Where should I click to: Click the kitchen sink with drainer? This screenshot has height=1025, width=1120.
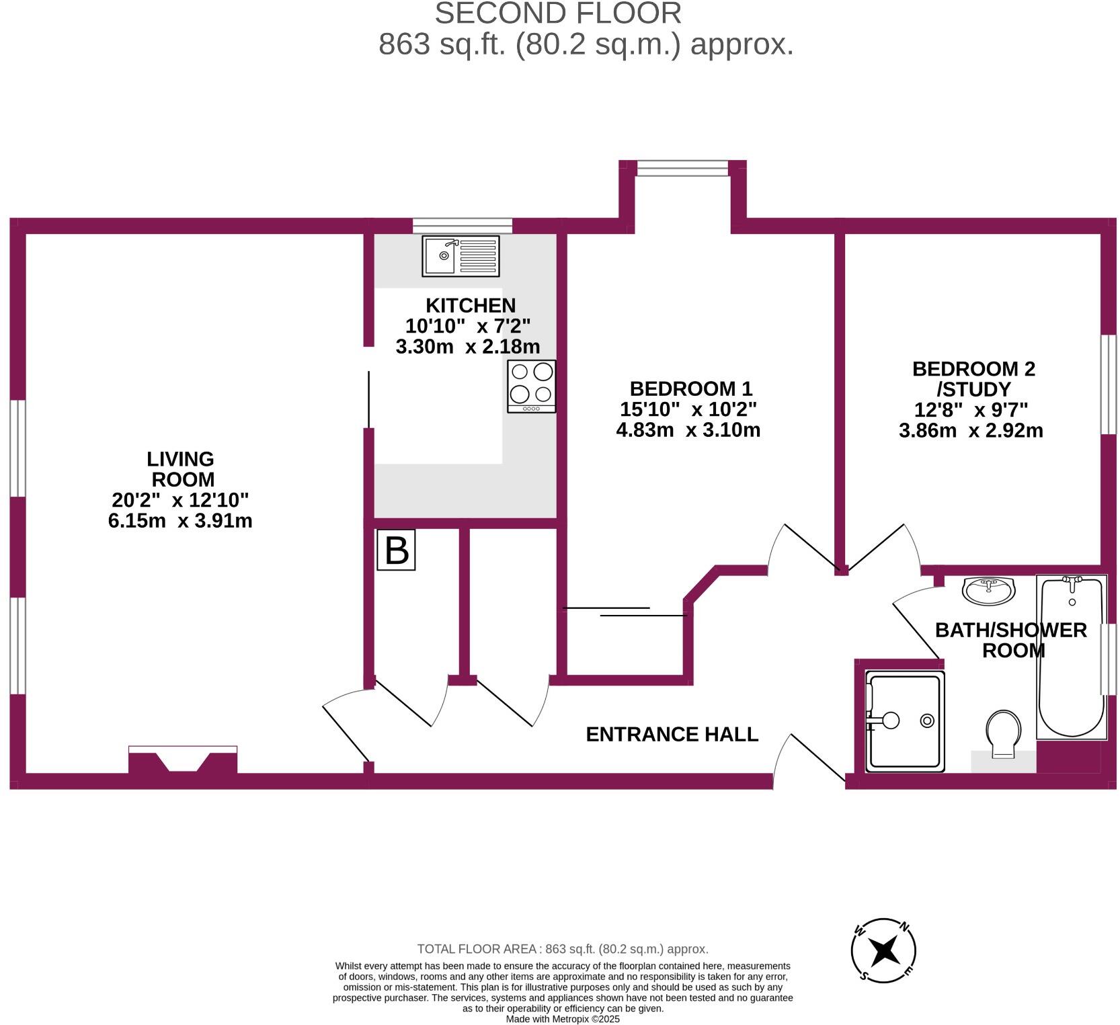461,256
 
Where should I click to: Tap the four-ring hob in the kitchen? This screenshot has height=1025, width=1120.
531,386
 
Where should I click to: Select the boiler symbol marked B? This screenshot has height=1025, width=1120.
396,550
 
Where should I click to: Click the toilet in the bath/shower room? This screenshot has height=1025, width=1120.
1003,733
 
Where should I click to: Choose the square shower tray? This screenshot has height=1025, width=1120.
905,721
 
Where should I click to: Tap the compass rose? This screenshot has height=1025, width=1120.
883,950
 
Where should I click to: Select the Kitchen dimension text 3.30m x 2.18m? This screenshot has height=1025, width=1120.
468,347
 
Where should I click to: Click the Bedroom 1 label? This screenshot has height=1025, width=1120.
690,388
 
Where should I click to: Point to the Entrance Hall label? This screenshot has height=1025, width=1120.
672,734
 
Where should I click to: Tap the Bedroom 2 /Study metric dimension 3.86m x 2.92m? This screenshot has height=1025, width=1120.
971,430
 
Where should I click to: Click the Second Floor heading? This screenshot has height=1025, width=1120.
558,13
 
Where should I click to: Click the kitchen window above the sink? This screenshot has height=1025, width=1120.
463,225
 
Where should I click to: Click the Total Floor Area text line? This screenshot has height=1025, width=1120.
563,949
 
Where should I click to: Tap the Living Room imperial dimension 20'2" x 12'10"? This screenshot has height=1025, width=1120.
180,500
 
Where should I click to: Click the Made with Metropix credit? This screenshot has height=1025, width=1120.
563,1019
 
